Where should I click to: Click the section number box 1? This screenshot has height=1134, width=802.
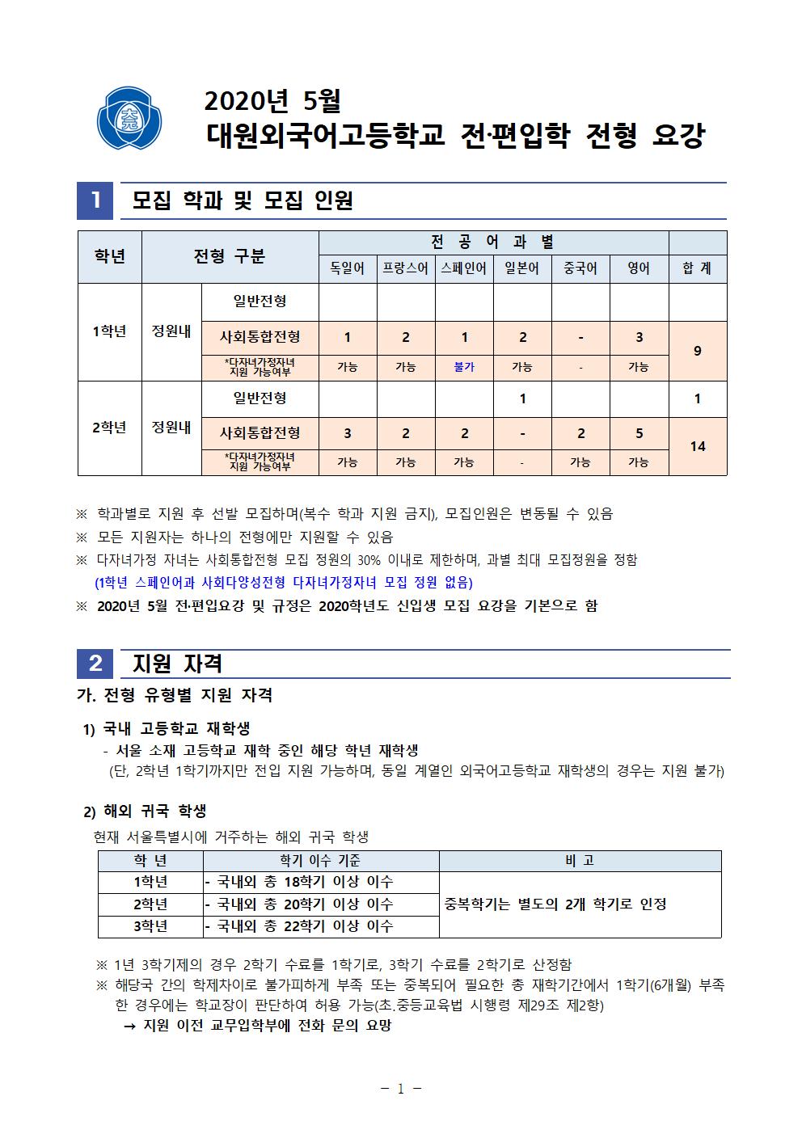[x=95, y=200]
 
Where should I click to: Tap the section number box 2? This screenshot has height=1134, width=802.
[x=95, y=664]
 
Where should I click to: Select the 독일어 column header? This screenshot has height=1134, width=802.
[x=348, y=268]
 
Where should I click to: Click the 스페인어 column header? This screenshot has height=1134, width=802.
[x=464, y=268]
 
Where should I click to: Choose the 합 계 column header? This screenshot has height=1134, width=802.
[x=697, y=268]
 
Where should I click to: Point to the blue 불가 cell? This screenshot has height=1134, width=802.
[x=464, y=367]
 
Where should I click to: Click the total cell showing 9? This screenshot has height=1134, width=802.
[x=697, y=351]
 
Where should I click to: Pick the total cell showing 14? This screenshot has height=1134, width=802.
[x=697, y=446]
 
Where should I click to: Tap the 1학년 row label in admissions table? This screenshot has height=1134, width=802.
[x=110, y=331]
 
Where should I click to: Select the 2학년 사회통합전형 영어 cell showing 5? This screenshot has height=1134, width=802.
[x=639, y=433]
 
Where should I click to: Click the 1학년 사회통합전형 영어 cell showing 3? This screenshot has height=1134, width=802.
[x=639, y=337]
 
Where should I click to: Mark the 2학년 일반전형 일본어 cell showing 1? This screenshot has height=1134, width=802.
[x=522, y=398]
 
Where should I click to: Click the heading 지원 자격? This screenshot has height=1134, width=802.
[x=177, y=664]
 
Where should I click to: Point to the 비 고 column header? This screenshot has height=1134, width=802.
[x=580, y=861]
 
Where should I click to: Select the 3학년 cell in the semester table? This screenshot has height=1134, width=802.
[x=150, y=926]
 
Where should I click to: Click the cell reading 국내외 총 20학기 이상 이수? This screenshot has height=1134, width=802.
[x=299, y=904]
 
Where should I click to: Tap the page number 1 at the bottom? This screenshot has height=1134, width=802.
[x=401, y=1089]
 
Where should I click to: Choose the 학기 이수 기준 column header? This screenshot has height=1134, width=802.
[x=320, y=861]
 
